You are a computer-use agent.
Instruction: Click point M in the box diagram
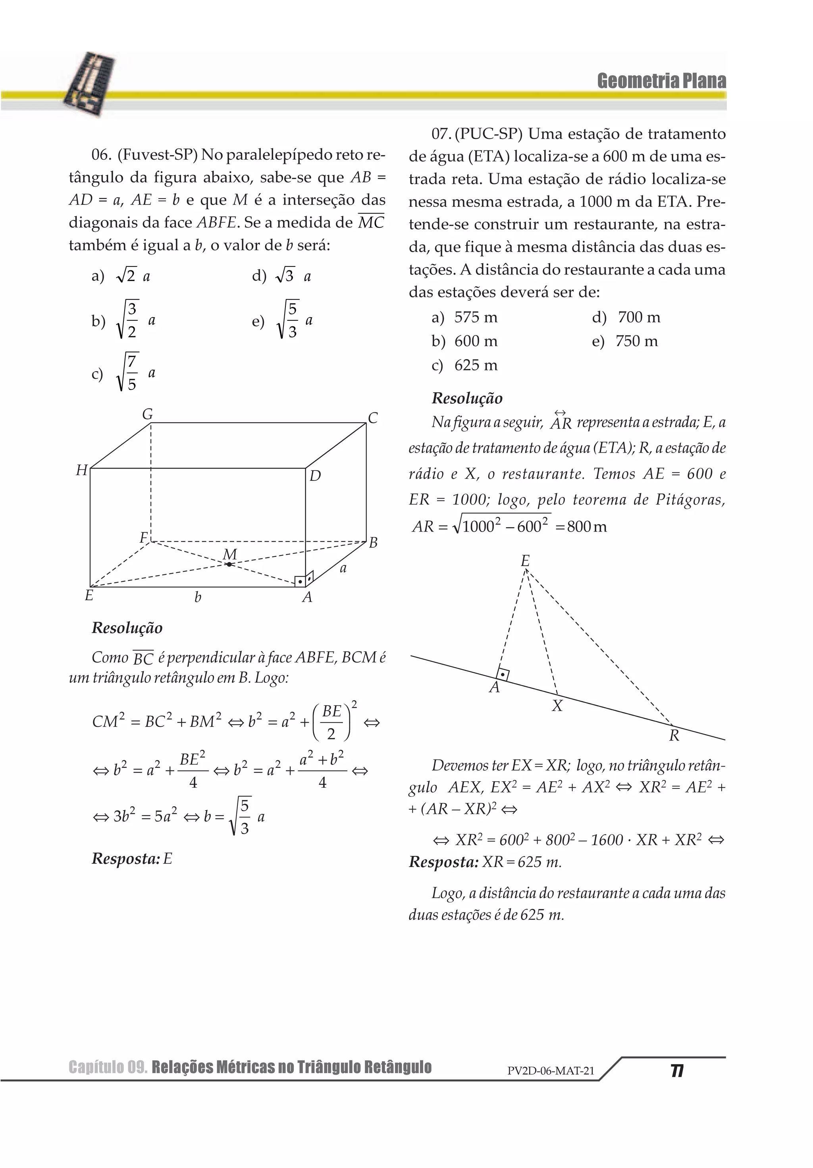point(229,564)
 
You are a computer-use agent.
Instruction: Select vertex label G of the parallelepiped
point(148,414)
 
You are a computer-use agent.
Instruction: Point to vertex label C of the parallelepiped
point(372,418)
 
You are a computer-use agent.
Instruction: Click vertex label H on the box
point(81,470)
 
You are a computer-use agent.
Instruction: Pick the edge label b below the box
point(198,597)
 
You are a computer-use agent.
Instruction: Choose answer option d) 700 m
point(626,318)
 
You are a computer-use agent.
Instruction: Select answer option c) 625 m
point(464,365)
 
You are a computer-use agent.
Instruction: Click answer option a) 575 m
point(464,318)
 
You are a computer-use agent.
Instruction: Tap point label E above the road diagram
point(525,561)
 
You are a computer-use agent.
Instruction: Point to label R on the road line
point(674,736)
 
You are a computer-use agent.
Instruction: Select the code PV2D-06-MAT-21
point(551,1071)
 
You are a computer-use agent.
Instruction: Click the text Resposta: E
point(132,859)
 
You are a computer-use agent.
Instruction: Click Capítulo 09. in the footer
point(108,1067)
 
